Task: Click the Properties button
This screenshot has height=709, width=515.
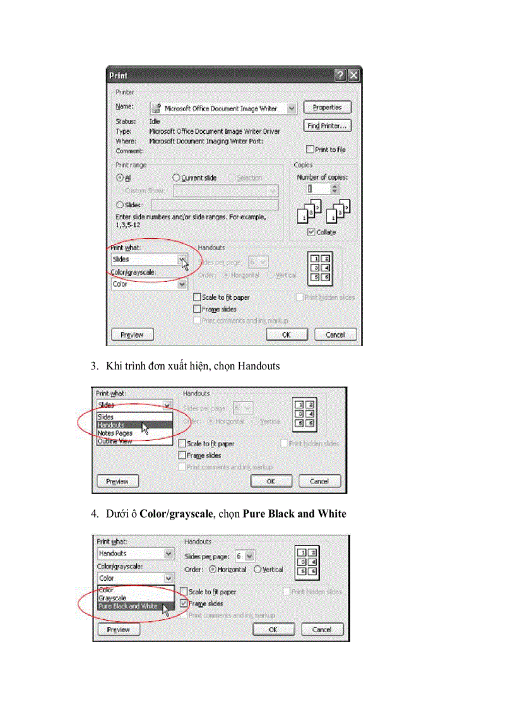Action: [327, 108]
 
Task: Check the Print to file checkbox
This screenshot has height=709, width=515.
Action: [310, 150]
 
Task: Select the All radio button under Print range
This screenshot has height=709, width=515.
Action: [119, 178]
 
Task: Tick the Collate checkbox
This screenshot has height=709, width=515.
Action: [311, 232]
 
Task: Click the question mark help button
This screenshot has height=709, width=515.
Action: [341, 75]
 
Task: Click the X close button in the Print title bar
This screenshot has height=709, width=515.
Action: [353, 75]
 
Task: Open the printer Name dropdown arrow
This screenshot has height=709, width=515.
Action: [291, 109]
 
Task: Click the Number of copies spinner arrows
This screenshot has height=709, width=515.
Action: [334, 189]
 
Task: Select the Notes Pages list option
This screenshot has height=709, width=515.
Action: [115, 434]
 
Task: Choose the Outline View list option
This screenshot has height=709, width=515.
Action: [114, 441]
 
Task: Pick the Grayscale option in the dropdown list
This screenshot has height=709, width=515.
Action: [112, 598]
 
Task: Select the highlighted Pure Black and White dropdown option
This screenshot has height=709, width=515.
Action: [128, 606]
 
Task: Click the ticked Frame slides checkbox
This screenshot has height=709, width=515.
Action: [184, 604]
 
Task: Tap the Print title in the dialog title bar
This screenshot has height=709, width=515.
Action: [119, 75]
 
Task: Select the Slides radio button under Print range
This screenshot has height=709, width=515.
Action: [119, 205]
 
